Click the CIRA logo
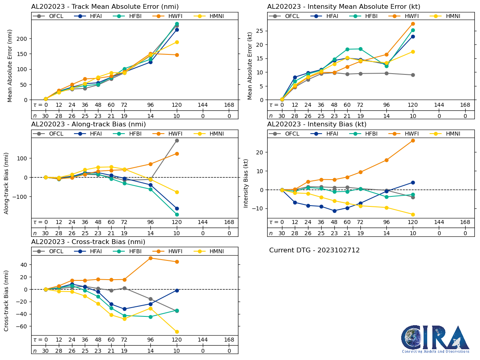click(435, 339)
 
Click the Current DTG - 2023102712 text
click(314, 250)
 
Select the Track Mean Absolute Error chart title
click(105, 6)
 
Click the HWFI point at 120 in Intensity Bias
click(413, 140)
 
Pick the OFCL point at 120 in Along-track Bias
click(177, 140)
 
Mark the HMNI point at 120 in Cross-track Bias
click(177, 332)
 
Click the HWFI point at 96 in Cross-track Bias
click(150, 258)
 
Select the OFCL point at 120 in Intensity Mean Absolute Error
click(413, 75)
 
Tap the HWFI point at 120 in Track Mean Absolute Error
click(177, 55)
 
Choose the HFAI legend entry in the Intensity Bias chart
click(326, 134)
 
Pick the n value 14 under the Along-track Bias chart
click(150, 233)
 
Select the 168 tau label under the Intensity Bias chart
click(465, 222)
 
